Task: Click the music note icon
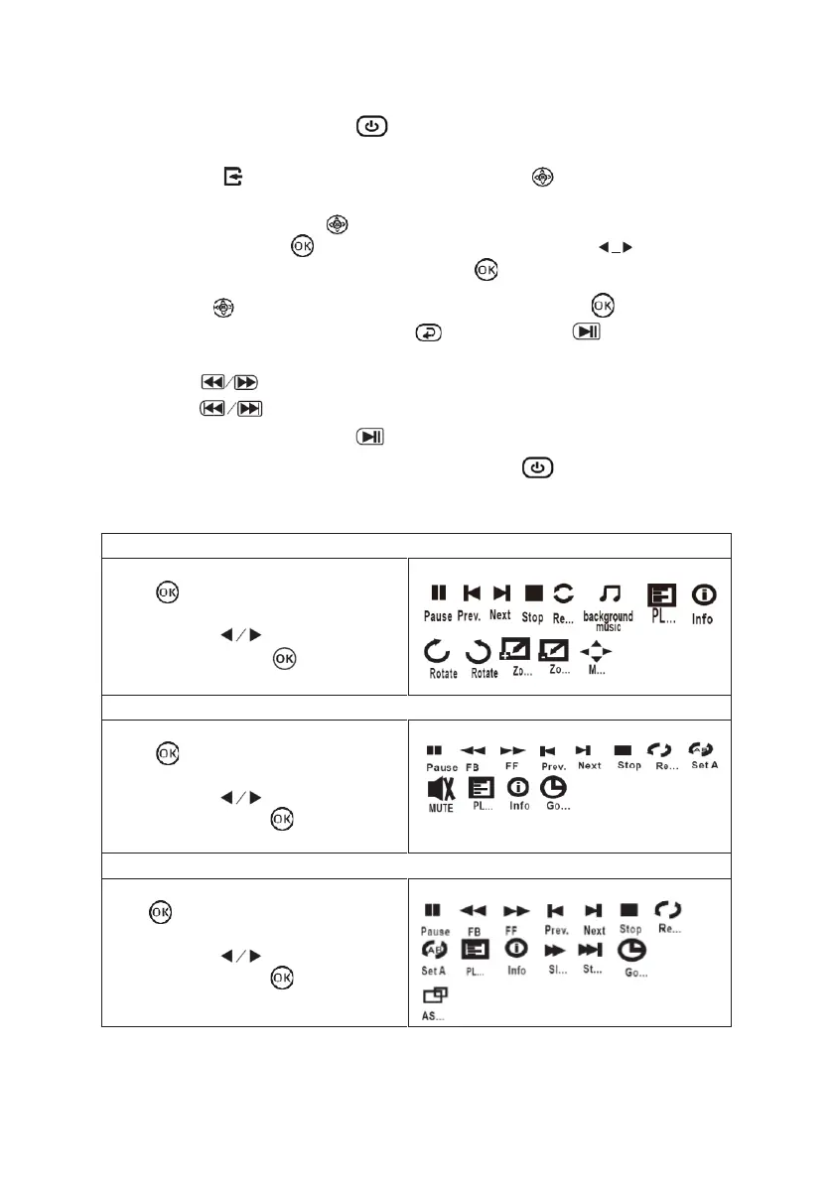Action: [x=612, y=593]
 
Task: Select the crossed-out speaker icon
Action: [x=441, y=789]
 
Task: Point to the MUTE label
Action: [x=441, y=808]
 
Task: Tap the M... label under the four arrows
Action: [x=596, y=671]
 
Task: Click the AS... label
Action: [x=434, y=1017]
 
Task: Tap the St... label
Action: [x=592, y=970]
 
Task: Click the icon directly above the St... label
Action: [x=592, y=950]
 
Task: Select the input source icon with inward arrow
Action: [x=233, y=177]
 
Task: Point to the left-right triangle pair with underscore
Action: [x=616, y=247]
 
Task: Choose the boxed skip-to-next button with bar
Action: [x=247, y=409]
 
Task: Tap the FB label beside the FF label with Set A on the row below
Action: [x=474, y=932]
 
